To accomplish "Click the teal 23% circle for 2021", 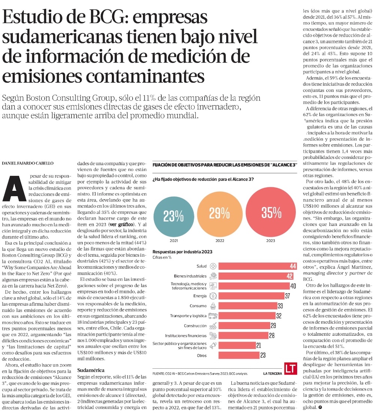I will point(173,215).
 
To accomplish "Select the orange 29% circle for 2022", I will point(219,213).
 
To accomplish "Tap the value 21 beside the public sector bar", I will point(259,345).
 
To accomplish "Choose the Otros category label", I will point(201,355).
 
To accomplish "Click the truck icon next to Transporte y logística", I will point(213,316).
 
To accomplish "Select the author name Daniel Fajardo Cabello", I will point(27,164).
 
